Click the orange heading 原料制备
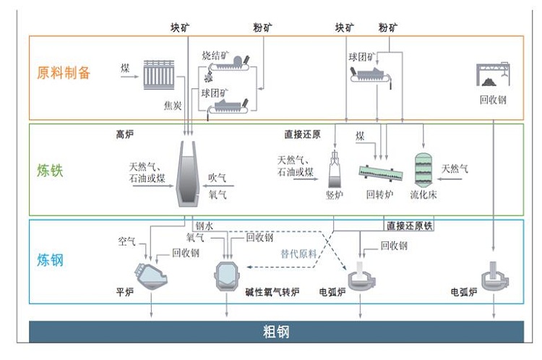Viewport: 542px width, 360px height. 64,72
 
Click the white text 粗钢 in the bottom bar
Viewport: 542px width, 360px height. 276,333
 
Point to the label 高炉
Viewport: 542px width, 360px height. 125,134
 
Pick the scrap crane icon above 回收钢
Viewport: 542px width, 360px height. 493,76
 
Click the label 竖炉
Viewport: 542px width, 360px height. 335,194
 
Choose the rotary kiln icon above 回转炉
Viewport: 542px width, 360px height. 381,173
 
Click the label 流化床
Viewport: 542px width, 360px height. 423,194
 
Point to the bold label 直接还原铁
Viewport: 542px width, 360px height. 409,226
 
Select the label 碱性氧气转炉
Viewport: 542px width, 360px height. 267,293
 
